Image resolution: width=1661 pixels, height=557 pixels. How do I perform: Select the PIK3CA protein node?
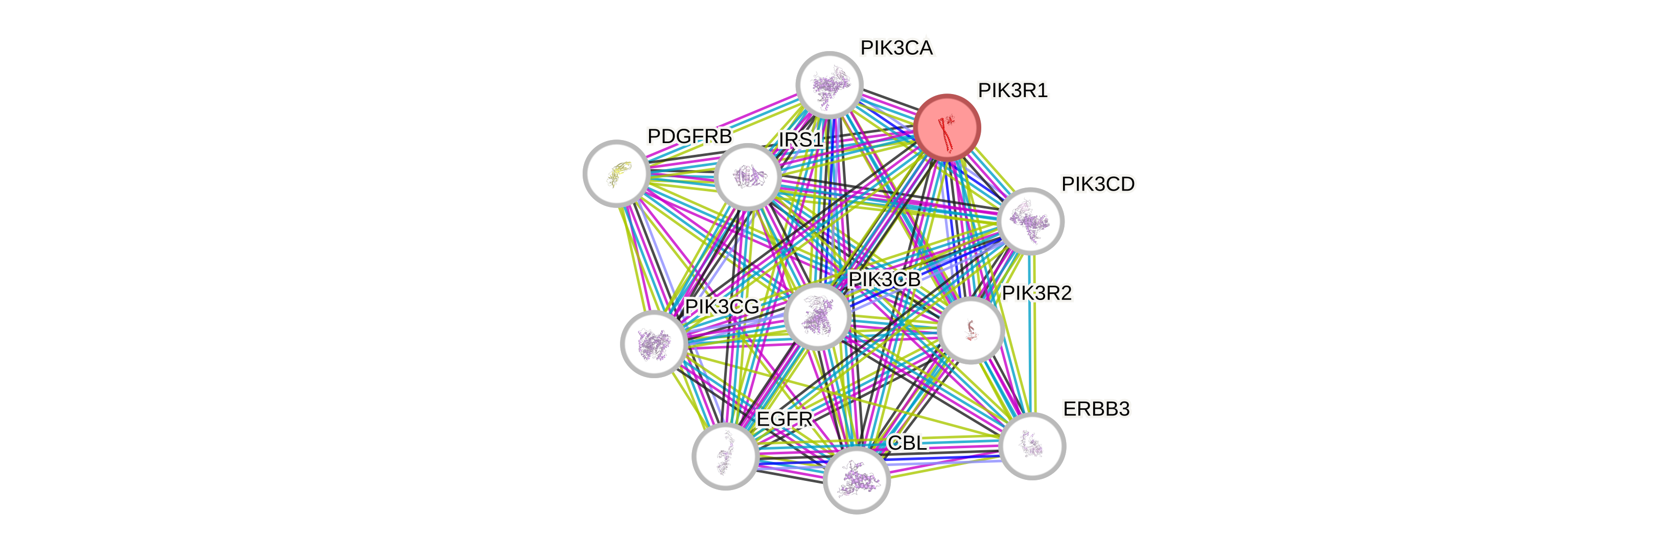pos(829,84)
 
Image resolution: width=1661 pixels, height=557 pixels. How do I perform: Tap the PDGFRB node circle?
pos(616,173)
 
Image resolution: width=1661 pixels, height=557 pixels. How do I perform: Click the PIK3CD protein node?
pos(1030,220)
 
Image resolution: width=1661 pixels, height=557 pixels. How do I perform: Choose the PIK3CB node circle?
pos(818,316)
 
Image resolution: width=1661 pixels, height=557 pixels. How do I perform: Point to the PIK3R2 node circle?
pos(971,330)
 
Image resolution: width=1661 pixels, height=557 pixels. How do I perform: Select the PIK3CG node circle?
pos(653,343)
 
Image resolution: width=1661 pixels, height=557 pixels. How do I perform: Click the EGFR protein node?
pos(725,456)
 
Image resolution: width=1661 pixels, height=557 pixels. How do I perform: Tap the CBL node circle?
pos(856,480)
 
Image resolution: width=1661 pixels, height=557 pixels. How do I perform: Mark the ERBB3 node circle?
pos(1032,446)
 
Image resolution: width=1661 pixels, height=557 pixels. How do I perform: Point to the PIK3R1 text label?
pos(1013,91)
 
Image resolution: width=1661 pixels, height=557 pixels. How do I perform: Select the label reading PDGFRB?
pos(689,136)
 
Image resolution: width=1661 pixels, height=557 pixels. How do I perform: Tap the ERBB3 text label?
pos(1096,409)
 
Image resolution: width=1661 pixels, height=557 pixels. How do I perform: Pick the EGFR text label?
pos(785,419)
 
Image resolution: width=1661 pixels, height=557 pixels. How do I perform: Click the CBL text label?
pos(907,443)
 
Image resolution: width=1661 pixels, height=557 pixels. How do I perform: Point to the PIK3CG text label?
pos(722,307)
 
